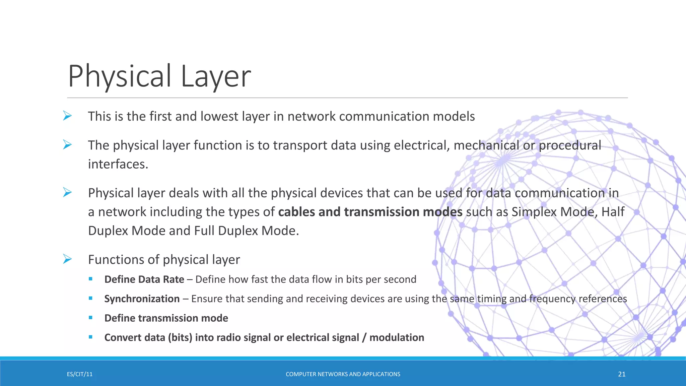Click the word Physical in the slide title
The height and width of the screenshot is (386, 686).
(120, 76)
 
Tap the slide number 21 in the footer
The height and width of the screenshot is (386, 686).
(622, 374)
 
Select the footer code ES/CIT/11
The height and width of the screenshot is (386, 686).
(80, 374)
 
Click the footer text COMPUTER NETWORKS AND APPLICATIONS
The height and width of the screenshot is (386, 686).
(343, 374)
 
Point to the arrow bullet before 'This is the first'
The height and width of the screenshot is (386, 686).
(67, 116)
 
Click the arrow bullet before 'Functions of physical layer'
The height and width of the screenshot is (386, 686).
(67, 259)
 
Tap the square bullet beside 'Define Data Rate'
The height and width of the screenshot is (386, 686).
(90, 279)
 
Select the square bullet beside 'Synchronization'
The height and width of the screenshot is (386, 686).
(90, 298)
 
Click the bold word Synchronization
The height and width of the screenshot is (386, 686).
(142, 299)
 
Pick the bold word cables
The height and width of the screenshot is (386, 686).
(296, 212)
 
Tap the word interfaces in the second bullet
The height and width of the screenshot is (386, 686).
(118, 164)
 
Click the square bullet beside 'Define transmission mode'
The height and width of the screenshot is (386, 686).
(90, 318)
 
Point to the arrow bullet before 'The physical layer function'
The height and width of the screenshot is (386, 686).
(67, 145)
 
